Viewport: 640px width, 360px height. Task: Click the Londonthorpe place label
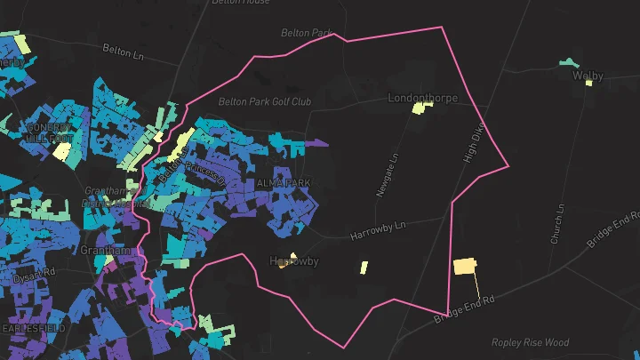422,98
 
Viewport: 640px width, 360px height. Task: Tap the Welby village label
588,76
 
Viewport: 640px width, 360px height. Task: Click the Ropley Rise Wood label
530,342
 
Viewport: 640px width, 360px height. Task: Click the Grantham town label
105,251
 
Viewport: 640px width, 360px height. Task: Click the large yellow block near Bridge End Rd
465,266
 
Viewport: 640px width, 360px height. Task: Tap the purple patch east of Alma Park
316,142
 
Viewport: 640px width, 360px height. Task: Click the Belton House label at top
241,3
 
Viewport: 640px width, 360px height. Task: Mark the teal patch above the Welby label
567,63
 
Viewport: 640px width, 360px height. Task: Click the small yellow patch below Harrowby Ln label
364,267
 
